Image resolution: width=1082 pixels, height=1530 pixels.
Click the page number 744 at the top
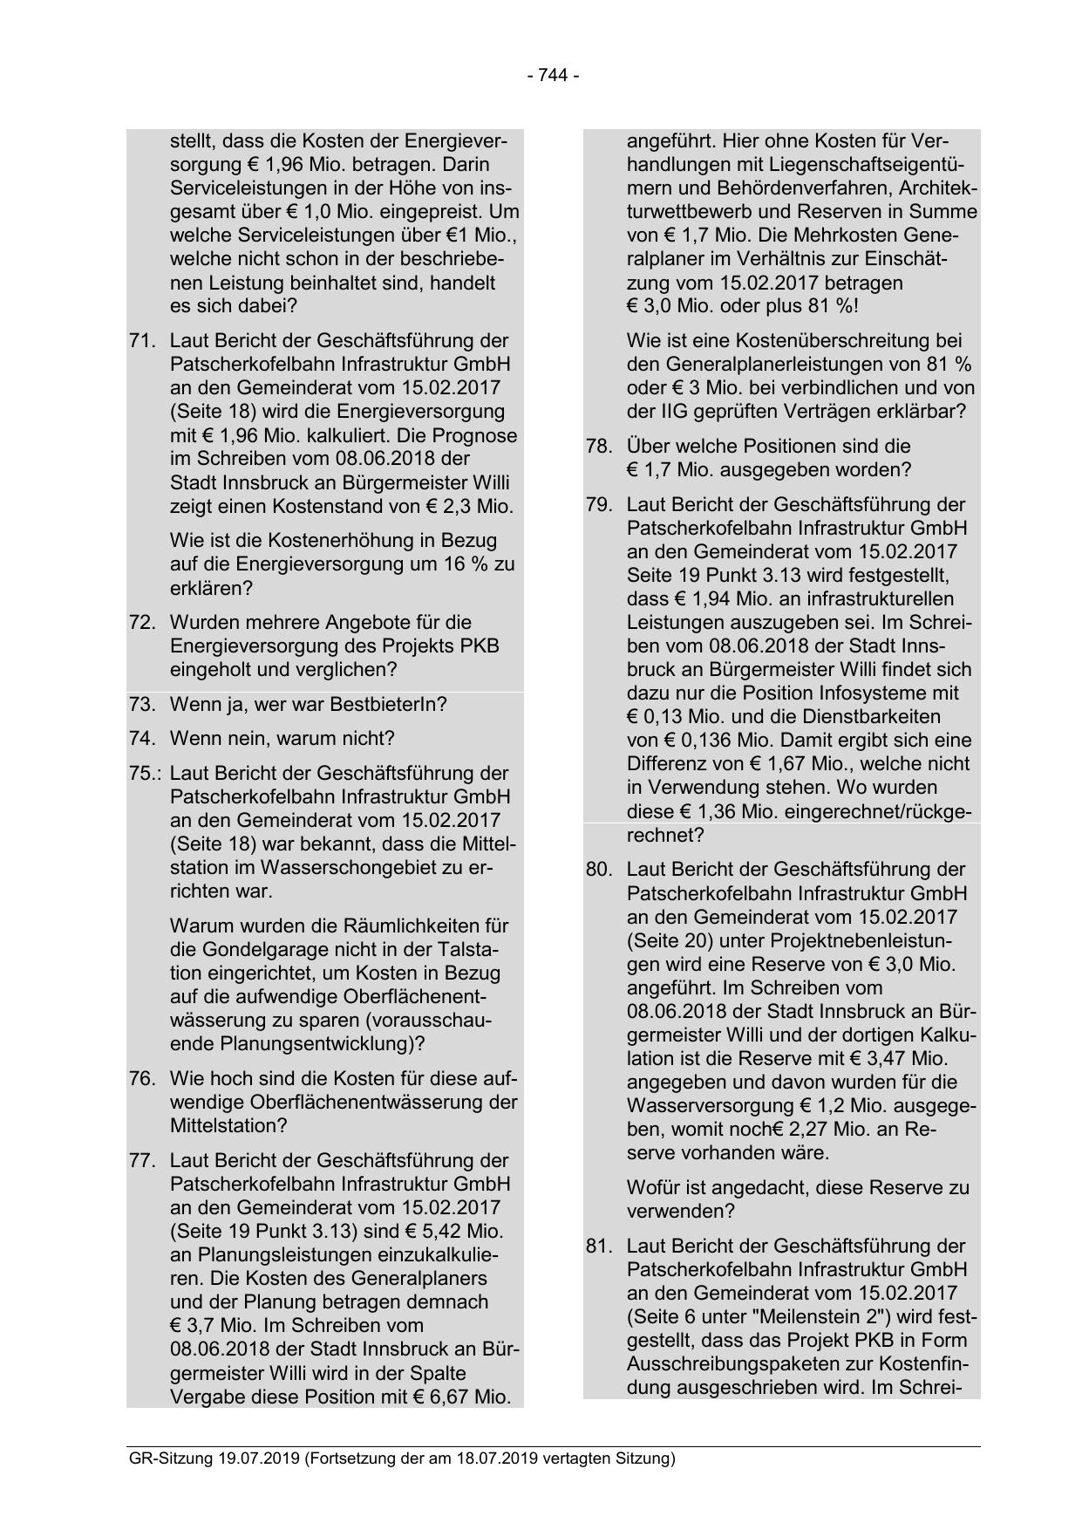[x=553, y=76]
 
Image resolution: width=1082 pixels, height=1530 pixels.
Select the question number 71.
[x=141, y=341]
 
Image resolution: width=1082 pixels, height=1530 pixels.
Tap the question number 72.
[x=141, y=623]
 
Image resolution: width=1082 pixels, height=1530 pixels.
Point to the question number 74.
[x=141, y=739]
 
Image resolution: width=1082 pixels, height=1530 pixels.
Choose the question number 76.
[x=141, y=1079]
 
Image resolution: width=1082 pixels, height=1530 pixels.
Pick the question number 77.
[x=141, y=1161]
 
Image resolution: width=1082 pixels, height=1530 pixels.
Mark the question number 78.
[x=598, y=447]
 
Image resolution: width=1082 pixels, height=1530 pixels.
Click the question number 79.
[x=598, y=505]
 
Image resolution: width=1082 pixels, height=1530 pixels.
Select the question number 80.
[x=598, y=870]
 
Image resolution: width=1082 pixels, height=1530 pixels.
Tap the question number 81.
[x=598, y=1247]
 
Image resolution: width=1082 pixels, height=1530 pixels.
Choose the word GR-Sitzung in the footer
[x=167, y=1458]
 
